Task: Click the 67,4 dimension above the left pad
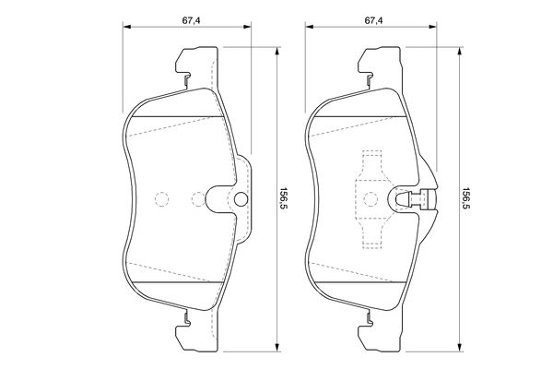[189, 18]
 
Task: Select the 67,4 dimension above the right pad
[372, 18]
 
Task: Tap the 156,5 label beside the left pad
[285, 198]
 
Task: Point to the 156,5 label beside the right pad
[467, 198]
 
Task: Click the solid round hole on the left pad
[241, 199]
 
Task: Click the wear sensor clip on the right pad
[415, 199]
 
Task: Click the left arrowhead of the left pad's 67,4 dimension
[124, 29]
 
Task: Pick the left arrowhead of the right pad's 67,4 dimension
[308, 29]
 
